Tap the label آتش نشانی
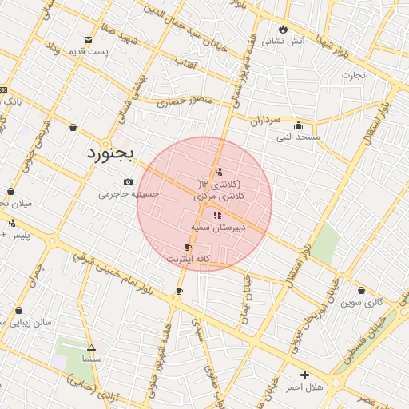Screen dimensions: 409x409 pyautogui.click(x=284, y=40)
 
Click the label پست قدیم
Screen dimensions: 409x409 pyautogui.click(x=88, y=51)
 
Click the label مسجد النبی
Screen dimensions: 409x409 pyautogui.click(x=298, y=137)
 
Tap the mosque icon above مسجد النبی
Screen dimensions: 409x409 pyautogui.click(x=298, y=125)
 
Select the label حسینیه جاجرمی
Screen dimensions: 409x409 pyautogui.click(x=129, y=193)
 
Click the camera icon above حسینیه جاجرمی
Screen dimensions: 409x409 pyautogui.click(x=129, y=182)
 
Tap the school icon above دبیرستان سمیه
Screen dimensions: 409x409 pyautogui.click(x=216, y=215)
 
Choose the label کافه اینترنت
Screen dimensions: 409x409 pyautogui.click(x=188, y=260)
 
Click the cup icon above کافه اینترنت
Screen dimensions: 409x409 pyautogui.click(x=188, y=248)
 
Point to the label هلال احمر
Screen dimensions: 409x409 pyautogui.click(x=304, y=387)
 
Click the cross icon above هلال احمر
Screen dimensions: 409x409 pyautogui.click(x=304, y=375)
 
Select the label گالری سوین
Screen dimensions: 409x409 pyautogui.click(x=362, y=303)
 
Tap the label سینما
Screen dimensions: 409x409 pyautogui.click(x=91, y=359)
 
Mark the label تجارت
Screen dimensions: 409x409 pyautogui.click(x=353, y=75)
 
